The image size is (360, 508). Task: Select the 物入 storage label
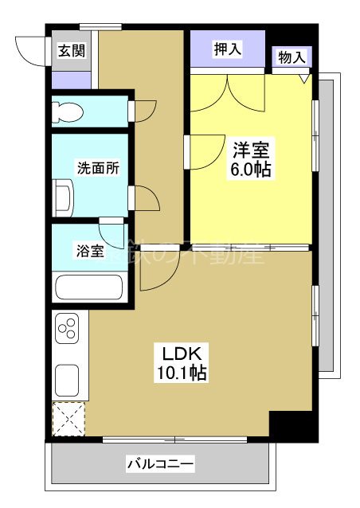point(292,57)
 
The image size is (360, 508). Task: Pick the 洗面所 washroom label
point(97,168)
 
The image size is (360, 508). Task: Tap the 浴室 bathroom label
point(89,252)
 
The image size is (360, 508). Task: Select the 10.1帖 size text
point(186,373)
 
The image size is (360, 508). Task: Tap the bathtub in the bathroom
point(88,287)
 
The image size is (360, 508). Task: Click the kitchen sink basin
point(67,379)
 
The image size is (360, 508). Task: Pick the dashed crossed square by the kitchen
point(67,419)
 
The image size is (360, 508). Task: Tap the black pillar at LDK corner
point(284,425)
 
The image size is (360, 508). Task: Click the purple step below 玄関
point(70,80)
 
